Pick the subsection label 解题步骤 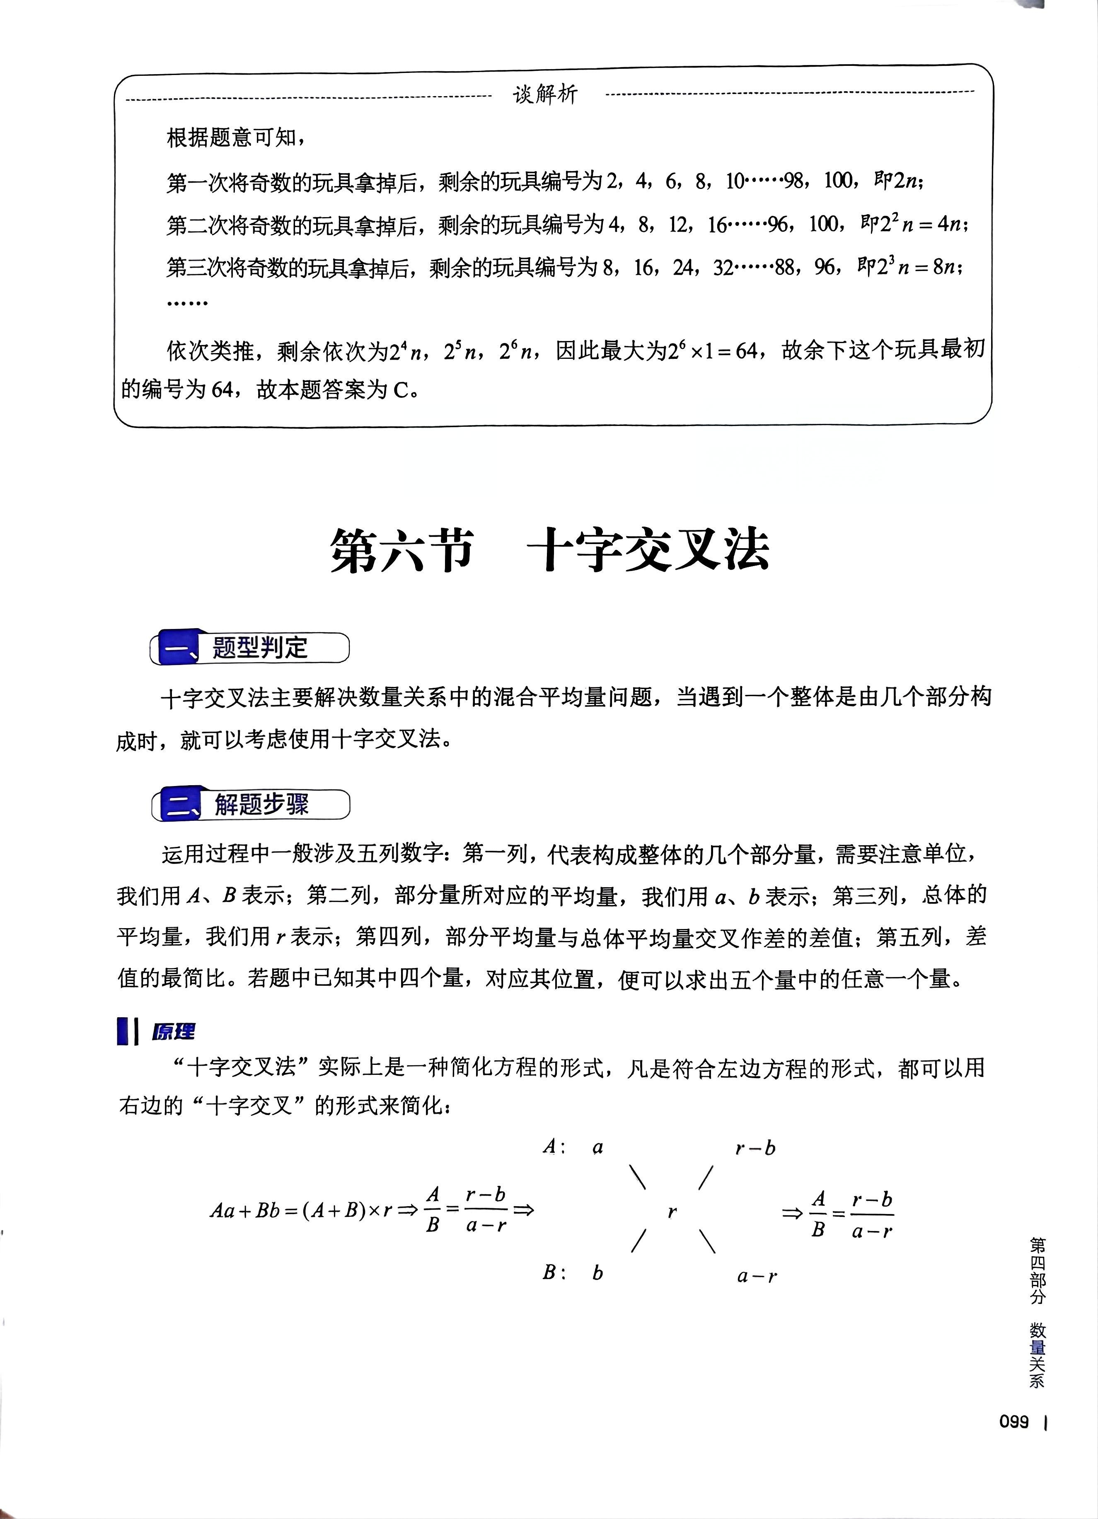tap(261, 804)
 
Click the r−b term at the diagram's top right tap(755, 1149)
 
